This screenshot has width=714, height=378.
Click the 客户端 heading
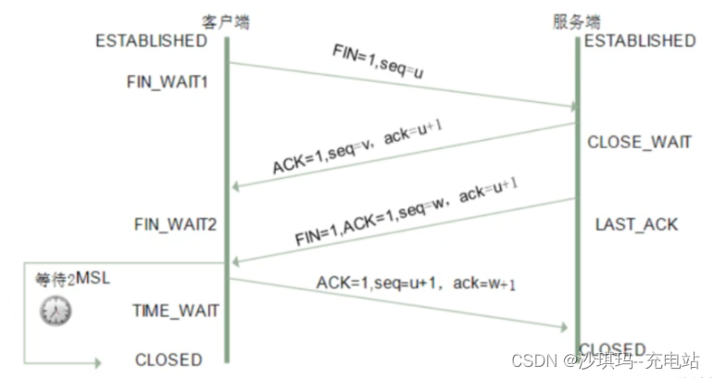tap(226, 20)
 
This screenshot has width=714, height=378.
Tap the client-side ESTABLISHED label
tap(151, 41)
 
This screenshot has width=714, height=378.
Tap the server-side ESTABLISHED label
tap(640, 41)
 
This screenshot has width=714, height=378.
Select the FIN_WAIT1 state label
tap(168, 82)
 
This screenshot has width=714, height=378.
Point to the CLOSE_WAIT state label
tap(639, 142)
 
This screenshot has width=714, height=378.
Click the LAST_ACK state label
tap(636, 224)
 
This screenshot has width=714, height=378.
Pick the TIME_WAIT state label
tap(176, 310)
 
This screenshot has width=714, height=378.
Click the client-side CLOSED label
tap(168, 359)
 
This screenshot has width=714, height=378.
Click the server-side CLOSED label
tap(612, 349)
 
